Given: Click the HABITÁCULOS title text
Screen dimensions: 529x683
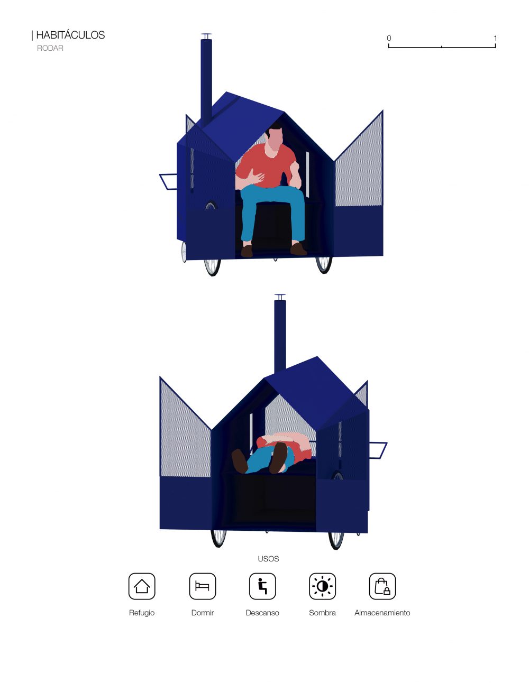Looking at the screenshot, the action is (x=70, y=35).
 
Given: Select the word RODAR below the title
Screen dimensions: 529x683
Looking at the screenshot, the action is (x=50, y=48).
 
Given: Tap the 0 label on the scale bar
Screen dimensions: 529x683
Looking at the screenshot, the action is (x=389, y=38).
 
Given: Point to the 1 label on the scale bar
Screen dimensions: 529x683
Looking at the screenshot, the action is (x=495, y=38).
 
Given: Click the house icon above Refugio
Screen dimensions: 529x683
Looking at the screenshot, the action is (x=142, y=586).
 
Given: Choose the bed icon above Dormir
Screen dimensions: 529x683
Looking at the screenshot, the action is (x=202, y=586).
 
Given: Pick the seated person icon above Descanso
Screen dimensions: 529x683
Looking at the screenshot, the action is (x=262, y=586).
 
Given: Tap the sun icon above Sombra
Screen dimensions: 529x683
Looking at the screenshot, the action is (x=322, y=586).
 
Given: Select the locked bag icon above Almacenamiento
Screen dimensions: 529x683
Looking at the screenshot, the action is (x=382, y=586).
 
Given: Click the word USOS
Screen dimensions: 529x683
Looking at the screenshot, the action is (x=268, y=559).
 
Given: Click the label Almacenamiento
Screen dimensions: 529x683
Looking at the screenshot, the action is (x=382, y=613).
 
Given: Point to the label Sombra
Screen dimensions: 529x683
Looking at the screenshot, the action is (x=322, y=613).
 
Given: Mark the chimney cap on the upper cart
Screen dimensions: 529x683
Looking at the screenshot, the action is (x=206, y=34).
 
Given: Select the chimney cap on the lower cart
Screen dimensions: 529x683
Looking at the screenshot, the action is (x=280, y=296).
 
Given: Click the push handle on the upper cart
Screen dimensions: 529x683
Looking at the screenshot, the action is (x=167, y=182).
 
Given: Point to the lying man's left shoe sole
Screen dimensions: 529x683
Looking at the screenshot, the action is (x=279, y=457).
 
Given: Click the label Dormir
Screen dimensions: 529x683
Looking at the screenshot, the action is (x=202, y=613).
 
